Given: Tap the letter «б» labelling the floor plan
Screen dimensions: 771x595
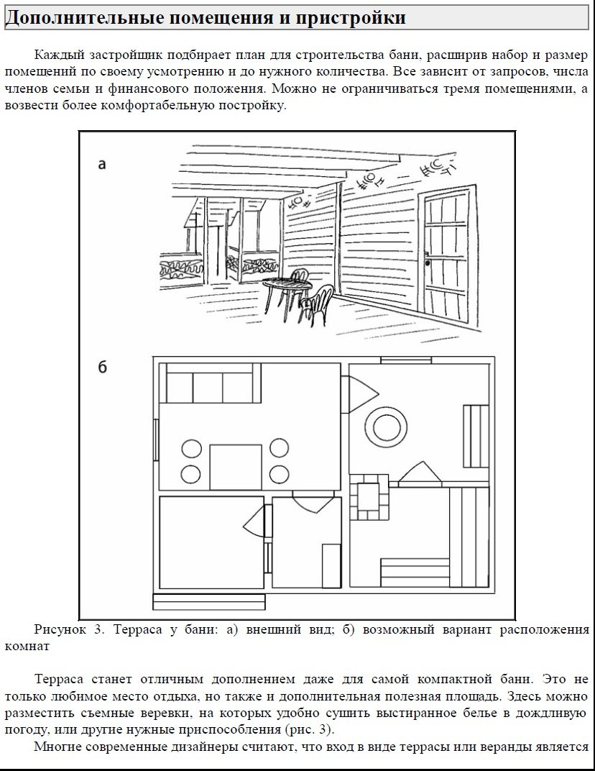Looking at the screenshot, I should (102, 368).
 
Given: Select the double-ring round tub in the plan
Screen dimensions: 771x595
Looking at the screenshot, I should (387, 427).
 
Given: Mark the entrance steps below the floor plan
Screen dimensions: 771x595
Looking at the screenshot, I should (208, 602).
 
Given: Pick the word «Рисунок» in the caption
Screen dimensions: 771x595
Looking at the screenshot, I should (60, 631).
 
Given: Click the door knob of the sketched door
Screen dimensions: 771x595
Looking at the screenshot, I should (428, 263).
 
